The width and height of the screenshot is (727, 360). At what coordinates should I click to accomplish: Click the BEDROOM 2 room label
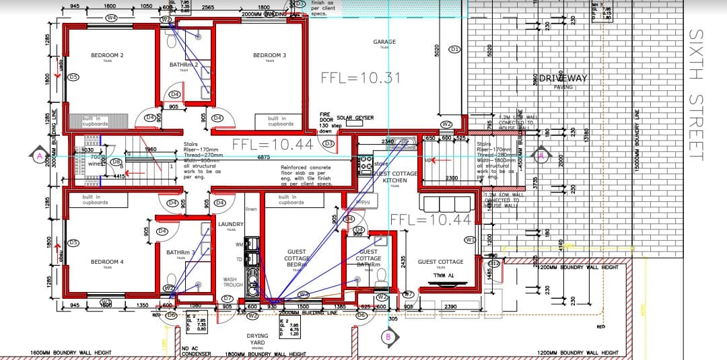pos(107,55)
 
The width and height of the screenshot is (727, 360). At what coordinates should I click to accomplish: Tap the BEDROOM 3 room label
pos(269,55)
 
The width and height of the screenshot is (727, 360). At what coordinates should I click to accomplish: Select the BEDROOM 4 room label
pos(107,262)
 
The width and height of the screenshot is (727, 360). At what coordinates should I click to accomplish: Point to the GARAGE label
pos(384,42)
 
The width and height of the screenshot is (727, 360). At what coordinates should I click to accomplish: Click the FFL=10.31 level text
pos(360,78)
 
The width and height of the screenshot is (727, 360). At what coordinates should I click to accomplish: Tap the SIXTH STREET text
pos(695,94)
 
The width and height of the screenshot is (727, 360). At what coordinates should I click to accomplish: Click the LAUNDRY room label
pos(231,224)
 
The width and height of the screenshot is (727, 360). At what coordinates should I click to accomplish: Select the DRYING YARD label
pos(257,339)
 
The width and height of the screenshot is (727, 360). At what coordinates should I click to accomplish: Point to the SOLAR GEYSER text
pos(355,117)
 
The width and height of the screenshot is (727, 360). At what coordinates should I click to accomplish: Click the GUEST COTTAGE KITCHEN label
pos(395,177)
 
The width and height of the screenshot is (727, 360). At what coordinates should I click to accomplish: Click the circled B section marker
pos(387,336)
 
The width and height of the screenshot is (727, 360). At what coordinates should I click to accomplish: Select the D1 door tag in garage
pos(454,49)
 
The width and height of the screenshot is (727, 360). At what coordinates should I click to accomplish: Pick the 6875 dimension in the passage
pos(264,157)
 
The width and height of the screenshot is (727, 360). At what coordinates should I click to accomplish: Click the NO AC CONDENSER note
pos(197,351)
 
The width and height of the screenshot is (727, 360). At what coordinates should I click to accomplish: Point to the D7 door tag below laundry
pos(227,297)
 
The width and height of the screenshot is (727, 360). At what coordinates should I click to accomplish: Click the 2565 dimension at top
pos(207,7)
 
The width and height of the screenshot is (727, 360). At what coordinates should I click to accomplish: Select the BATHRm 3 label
pos(180,252)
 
